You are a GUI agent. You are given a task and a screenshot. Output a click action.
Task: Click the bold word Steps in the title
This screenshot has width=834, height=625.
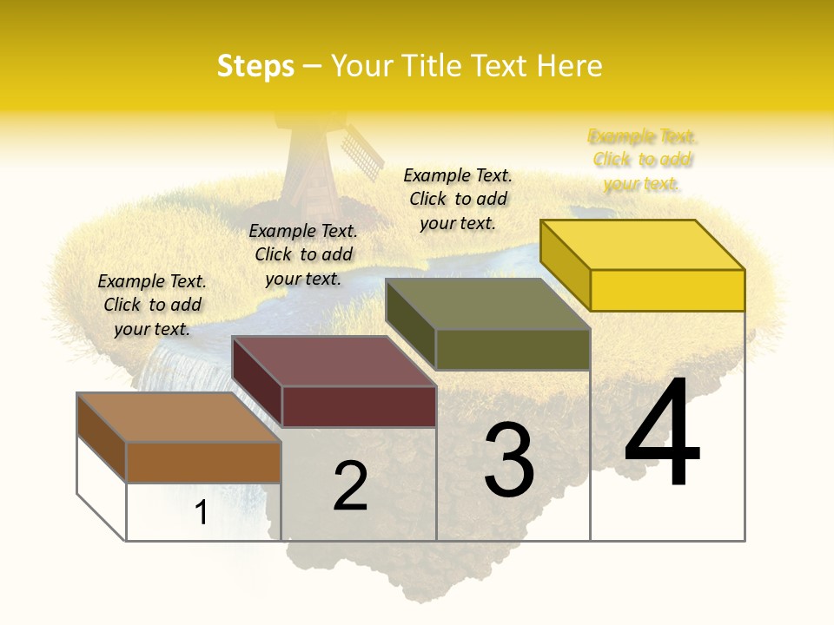pyautogui.click(x=255, y=66)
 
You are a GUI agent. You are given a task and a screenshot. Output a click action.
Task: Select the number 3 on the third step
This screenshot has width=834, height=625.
pyautogui.click(x=509, y=459)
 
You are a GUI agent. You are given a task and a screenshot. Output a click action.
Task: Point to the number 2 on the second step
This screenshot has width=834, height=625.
pyautogui.click(x=350, y=485)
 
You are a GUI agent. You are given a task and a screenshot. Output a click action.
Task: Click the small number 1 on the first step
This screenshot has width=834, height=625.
pyautogui.click(x=201, y=512)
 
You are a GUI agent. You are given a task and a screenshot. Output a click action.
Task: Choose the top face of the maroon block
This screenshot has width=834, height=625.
pyautogui.click(x=334, y=361)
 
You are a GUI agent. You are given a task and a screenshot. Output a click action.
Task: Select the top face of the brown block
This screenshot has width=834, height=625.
pyautogui.click(x=179, y=418)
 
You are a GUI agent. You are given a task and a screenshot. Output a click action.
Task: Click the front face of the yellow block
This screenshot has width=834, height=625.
pyautogui.click(x=667, y=290)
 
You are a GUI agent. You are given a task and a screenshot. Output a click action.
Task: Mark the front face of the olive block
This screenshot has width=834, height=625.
pyautogui.click(x=513, y=349)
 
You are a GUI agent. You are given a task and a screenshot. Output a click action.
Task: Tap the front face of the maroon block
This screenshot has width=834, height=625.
pyautogui.click(x=358, y=406)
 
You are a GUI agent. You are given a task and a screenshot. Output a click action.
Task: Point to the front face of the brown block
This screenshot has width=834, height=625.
pyautogui.click(x=203, y=462)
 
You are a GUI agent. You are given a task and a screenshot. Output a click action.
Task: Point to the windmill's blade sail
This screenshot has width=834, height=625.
pyautogui.click(x=361, y=153)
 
